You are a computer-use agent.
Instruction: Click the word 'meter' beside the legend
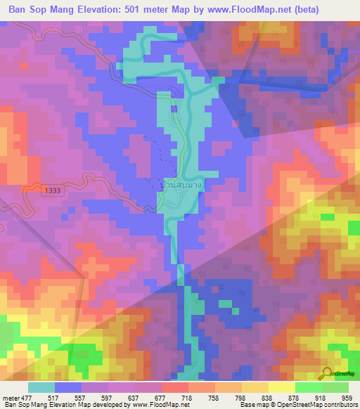pyautogui.click(x=9, y=398)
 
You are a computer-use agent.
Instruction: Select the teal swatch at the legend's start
pyautogui.click(x=41, y=387)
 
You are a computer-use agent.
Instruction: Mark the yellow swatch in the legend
pyautogui.click(x=281, y=387)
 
